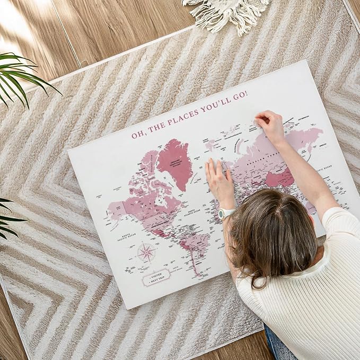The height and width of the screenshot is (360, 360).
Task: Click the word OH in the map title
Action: pos(137,134)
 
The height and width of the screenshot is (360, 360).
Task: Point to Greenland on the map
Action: pos(175,161)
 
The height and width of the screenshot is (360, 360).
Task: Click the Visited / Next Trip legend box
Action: pos(156,277)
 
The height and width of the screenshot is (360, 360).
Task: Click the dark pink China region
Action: pos(279,179)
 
